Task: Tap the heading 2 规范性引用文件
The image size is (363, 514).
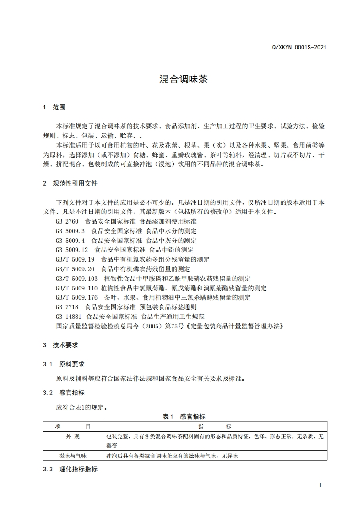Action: pyautogui.click(x=70, y=184)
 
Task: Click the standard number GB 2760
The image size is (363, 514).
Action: pyautogui.click(x=67, y=221)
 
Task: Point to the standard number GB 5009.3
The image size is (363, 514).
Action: pyautogui.click(x=70, y=230)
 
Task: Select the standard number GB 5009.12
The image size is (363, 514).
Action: pyautogui.click(x=72, y=250)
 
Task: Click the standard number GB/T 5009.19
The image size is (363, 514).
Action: pyautogui.click(x=75, y=259)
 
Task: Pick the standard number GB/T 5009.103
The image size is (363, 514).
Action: pyautogui.click(x=77, y=279)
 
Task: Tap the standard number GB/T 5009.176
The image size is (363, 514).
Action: pyautogui.click(x=77, y=297)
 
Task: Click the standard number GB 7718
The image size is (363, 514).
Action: pyautogui.click(x=67, y=307)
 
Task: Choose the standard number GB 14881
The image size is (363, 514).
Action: pyautogui.click(x=69, y=317)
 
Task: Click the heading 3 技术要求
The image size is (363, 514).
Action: pyautogui.click(x=60, y=345)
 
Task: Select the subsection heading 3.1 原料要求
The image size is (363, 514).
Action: pyautogui.click(x=64, y=364)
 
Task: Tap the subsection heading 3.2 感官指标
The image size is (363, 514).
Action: pyautogui.click(x=64, y=393)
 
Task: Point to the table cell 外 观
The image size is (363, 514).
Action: pyautogui.click(x=73, y=437)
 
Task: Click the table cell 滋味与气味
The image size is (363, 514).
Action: pyautogui.click(x=73, y=456)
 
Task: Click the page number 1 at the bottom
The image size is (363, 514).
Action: pyautogui.click(x=320, y=485)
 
